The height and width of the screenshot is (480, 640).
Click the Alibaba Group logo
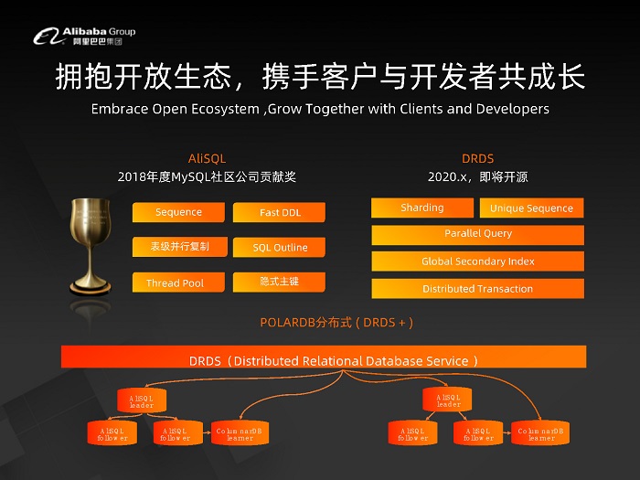click(84, 36)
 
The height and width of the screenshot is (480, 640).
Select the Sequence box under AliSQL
click(178, 212)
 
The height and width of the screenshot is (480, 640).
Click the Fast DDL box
click(280, 212)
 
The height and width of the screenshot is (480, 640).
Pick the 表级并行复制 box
click(179, 247)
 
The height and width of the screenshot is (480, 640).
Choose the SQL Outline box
click(280, 247)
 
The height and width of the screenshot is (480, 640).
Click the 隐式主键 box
click(280, 282)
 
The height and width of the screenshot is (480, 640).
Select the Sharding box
click(421, 208)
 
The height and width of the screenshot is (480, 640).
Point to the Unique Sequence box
click(531, 208)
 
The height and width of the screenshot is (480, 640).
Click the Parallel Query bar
click(477, 234)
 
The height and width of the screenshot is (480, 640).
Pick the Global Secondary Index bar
click(477, 261)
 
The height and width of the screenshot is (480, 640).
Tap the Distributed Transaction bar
click(477, 289)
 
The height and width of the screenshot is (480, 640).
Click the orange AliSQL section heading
click(207, 158)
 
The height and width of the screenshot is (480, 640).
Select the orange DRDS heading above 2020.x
click(477, 158)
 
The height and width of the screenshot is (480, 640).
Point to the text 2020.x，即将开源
click(477, 176)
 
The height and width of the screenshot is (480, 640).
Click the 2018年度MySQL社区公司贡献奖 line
click(207, 176)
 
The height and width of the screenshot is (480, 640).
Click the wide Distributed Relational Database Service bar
click(334, 359)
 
